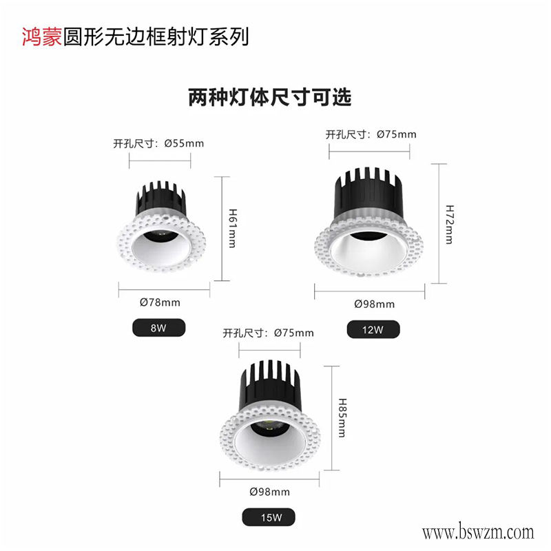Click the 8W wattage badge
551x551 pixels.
[159, 328]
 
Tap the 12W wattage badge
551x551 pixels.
[373, 330]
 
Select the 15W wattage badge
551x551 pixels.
[269, 517]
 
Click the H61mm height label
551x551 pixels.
[233, 228]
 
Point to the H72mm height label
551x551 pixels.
[450, 225]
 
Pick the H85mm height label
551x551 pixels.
[342, 417]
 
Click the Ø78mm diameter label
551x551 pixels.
[160, 302]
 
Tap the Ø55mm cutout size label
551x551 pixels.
[158, 143]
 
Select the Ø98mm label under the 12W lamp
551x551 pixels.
[374, 304]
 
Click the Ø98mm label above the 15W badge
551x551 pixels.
[270, 492]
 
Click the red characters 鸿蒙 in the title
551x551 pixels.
[42, 37]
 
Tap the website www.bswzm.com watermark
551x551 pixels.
[478, 532]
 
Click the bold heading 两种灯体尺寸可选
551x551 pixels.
[270, 97]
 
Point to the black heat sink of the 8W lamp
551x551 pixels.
[160, 198]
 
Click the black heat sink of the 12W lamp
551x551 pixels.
[368, 194]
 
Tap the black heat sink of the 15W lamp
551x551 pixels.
[270, 386]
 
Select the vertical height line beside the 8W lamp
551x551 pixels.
[222, 229]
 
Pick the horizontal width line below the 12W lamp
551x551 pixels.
[370, 291]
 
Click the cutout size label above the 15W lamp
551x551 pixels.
[269, 333]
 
